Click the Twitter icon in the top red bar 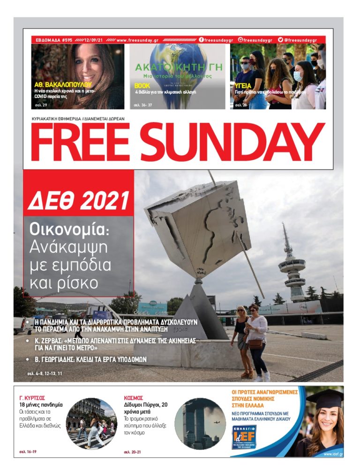[281, 40]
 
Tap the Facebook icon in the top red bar [202, 40]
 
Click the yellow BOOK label [142, 86]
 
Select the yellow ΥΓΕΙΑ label [243, 86]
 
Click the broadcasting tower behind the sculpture [291, 267]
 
